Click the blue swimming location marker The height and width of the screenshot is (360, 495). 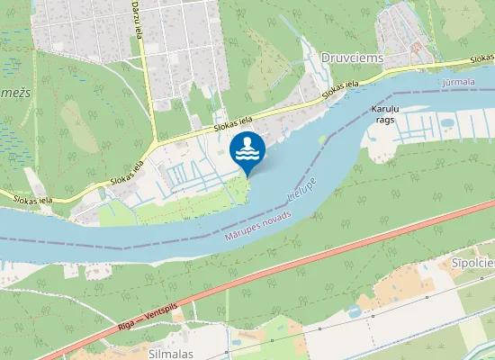coord(247,150)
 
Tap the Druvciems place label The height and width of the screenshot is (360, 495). coord(352,58)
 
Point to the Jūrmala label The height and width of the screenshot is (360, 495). coord(459,81)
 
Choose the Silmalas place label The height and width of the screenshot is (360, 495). coord(169,354)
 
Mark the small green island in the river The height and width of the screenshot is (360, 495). coord(322,139)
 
